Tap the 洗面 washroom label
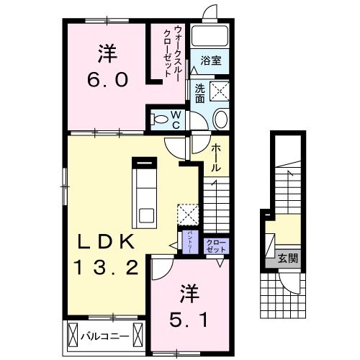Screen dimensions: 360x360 click(x=199, y=92)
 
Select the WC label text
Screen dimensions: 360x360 click(x=176, y=120)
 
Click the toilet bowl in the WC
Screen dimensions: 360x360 click(x=160, y=119)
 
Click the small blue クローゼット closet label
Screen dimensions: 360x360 click(x=216, y=245)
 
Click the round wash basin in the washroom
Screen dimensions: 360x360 click(x=220, y=119)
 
